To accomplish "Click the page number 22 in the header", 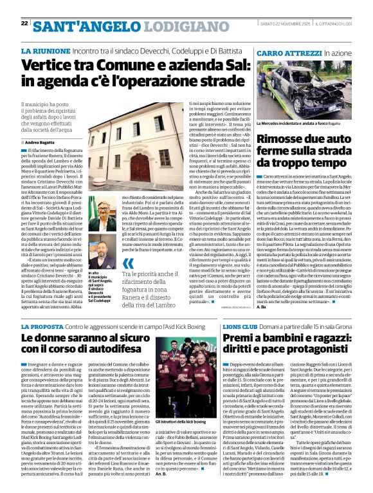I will [24, 23].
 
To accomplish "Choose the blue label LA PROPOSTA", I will [42, 327].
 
